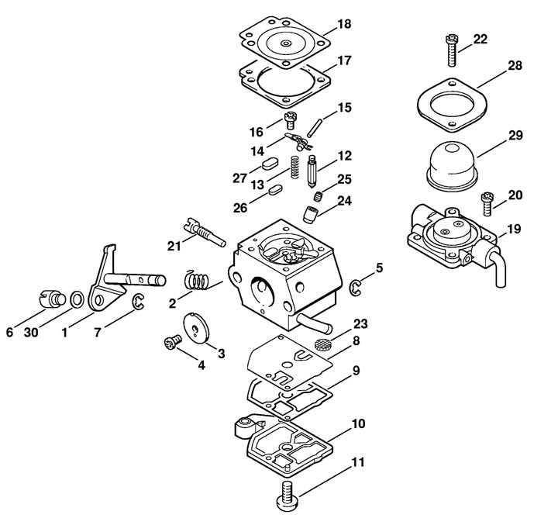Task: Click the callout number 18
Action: pyautogui.click(x=344, y=24)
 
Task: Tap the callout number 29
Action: pyautogui.click(x=515, y=136)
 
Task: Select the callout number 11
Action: pyautogui.click(x=358, y=462)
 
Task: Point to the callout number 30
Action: pyautogui.click(x=31, y=333)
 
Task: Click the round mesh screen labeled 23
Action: pyautogui.click(x=322, y=344)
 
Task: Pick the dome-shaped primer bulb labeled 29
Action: pyautogui.click(x=453, y=166)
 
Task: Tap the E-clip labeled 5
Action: pyautogui.click(x=355, y=288)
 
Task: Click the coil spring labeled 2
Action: pyautogui.click(x=196, y=279)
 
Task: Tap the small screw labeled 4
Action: pyautogui.click(x=173, y=343)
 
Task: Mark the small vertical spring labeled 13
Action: pyautogui.click(x=294, y=167)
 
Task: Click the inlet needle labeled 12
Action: pyautogui.click(x=312, y=171)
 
